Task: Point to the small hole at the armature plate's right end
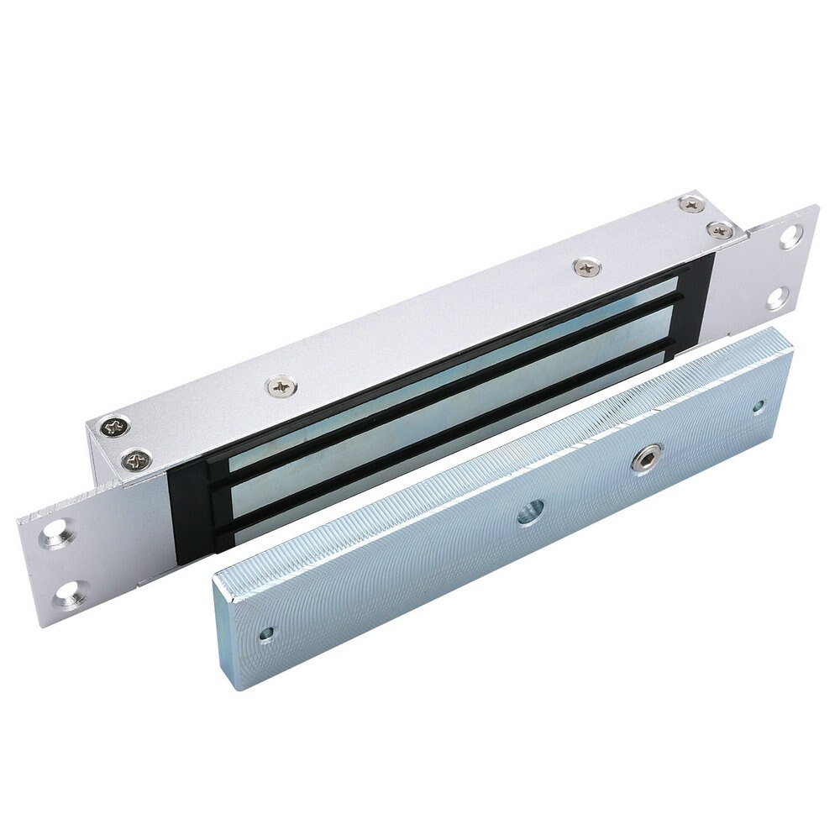tap(759, 406)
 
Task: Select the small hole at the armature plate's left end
tap(268, 630)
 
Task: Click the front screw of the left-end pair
tap(136, 459)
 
